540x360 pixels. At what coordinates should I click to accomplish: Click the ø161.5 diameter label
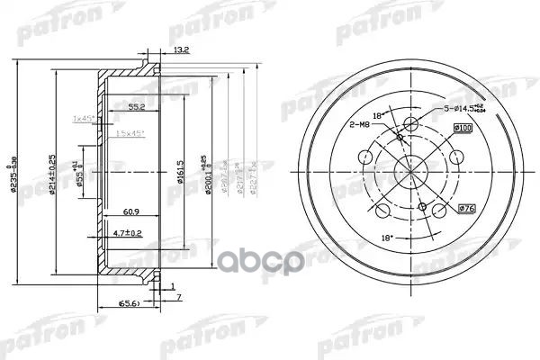180,166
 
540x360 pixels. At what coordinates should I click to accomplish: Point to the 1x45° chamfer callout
85,119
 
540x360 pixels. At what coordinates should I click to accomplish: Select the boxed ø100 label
464,129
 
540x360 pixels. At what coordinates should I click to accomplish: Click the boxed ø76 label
466,210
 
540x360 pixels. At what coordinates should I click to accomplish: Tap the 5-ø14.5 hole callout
465,110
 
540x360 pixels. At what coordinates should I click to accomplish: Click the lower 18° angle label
363,237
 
